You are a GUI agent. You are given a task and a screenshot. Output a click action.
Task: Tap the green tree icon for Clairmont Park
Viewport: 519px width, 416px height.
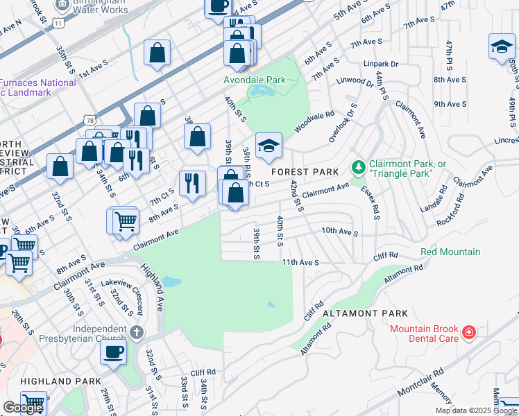(x=358, y=167)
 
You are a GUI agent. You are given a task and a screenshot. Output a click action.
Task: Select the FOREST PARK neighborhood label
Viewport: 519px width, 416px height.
(x=305, y=171)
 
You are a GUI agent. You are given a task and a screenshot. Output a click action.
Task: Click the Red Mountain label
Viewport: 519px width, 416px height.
(x=450, y=252)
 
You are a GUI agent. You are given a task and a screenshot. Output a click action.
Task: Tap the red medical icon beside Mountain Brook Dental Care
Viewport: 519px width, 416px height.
(x=470, y=333)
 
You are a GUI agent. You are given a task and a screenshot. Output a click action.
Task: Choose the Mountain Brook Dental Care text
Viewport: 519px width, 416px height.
(x=424, y=333)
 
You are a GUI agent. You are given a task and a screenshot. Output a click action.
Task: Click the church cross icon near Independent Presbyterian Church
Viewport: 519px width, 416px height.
(x=137, y=332)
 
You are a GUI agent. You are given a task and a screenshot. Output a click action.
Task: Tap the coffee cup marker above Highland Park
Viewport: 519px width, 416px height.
(x=114, y=352)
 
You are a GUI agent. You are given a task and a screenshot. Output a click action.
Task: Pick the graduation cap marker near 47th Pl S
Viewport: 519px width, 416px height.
(x=502, y=46)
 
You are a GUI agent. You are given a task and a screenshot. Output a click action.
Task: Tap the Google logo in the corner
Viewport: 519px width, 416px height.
(x=23, y=408)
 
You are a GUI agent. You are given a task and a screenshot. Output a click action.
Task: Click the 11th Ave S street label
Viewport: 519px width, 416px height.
(x=300, y=263)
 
